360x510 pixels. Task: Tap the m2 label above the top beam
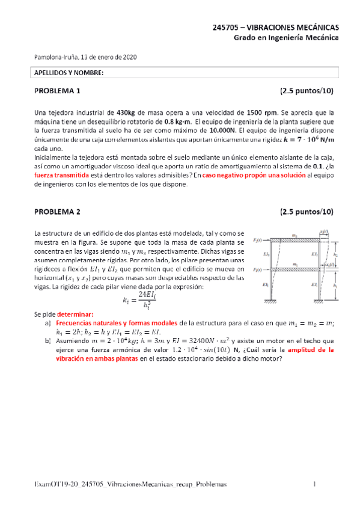(x=294, y=236)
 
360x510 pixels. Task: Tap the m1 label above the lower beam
(x=294, y=265)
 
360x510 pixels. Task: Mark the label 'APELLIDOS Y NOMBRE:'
(x=67, y=73)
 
